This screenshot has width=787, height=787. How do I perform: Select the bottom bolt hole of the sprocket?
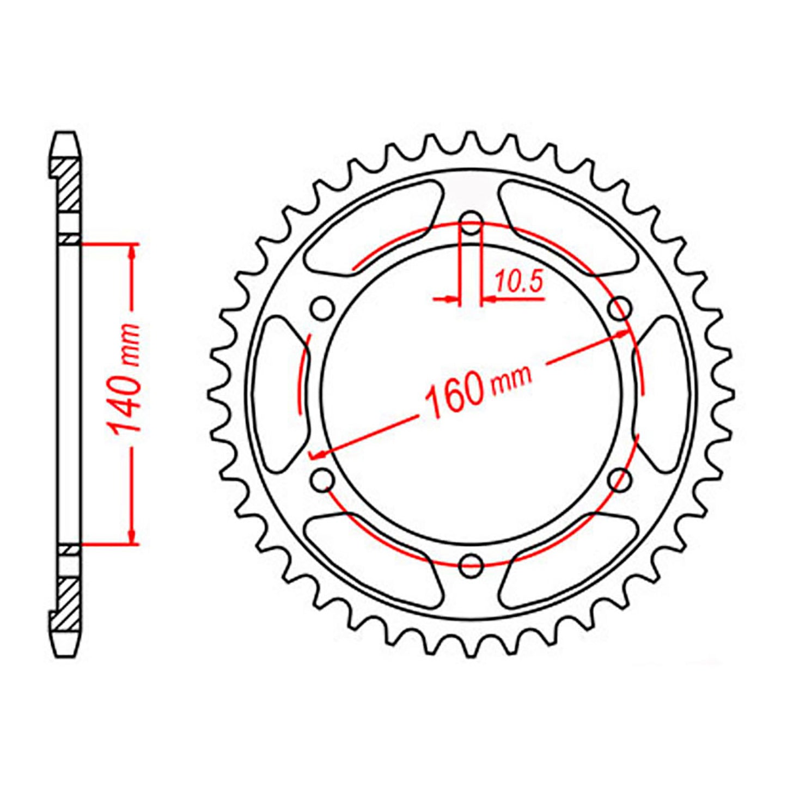[x=472, y=564]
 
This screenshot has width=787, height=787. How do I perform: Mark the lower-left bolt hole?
[x=323, y=479]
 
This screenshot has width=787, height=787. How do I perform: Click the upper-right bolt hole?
[x=619, y=309]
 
